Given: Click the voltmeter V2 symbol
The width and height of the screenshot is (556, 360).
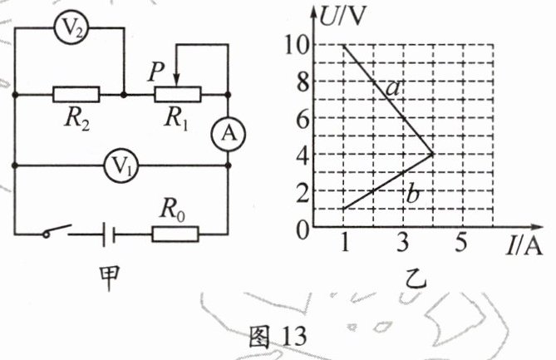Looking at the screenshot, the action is pos(71,30).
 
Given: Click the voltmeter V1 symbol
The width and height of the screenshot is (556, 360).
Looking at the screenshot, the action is pos(122,165).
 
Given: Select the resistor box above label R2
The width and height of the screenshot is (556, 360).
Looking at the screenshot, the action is pos(76,94).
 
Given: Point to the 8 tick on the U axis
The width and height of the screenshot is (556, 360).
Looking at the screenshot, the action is pos(308,81).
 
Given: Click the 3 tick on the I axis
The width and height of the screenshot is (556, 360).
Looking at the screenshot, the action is pos(403,242).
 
